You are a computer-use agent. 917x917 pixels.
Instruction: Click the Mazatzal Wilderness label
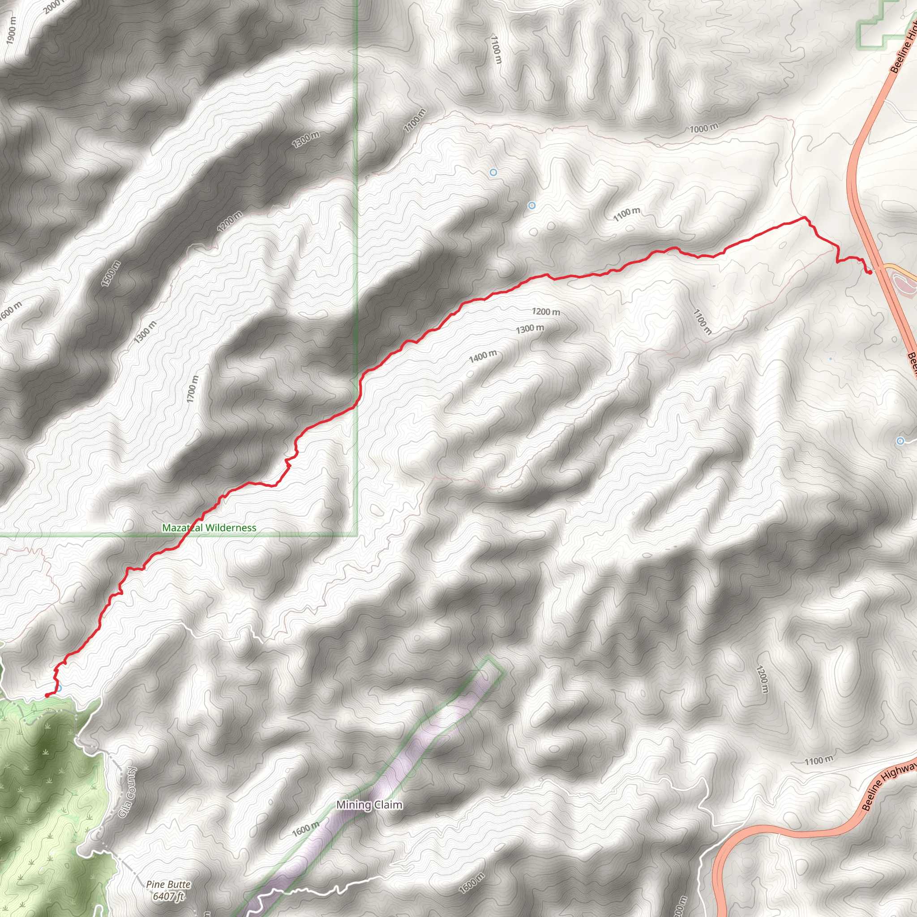[209, 528]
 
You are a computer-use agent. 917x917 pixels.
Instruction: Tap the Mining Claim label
[369, 805]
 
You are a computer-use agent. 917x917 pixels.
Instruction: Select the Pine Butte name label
[168, 884]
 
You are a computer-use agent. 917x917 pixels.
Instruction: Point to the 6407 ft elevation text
[168, 896]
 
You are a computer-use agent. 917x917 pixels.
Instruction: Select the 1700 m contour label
[192, 389]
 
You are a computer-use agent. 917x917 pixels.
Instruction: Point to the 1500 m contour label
[111, 274]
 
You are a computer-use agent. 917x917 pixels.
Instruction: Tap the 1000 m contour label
[704, 128]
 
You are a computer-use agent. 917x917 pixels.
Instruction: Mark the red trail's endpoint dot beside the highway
[869, 272]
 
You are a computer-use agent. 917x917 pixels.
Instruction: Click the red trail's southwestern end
[47, 695]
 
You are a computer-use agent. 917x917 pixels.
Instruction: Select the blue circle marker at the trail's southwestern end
[58, 688]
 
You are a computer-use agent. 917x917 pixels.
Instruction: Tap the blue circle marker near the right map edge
[900, 441]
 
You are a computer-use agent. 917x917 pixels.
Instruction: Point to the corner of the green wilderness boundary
[357, 536]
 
